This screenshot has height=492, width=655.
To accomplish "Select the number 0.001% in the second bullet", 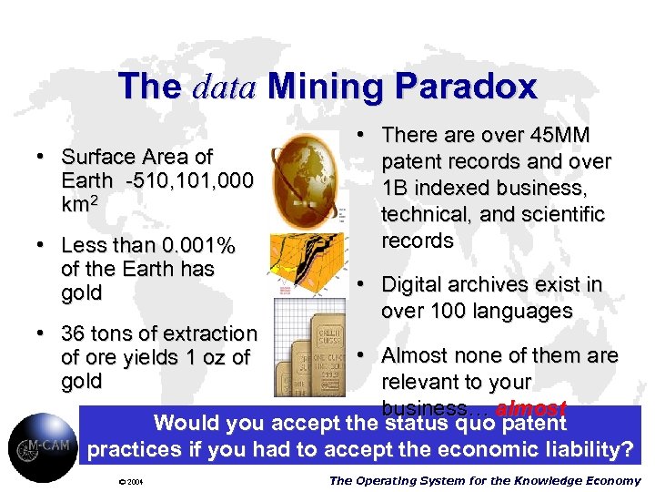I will (190, 245).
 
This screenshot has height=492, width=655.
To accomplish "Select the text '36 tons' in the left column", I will (96, 333).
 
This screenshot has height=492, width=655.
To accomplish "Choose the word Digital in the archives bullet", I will (416, 284).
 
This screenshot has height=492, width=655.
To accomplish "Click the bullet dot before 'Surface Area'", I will (42, 157).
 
